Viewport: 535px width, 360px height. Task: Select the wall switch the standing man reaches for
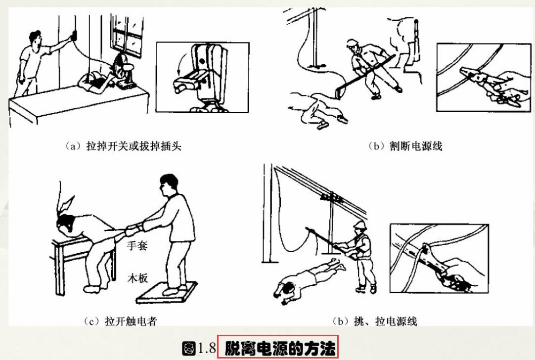[x=74, y=36]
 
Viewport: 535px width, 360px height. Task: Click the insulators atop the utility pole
[x=327, y=197]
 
